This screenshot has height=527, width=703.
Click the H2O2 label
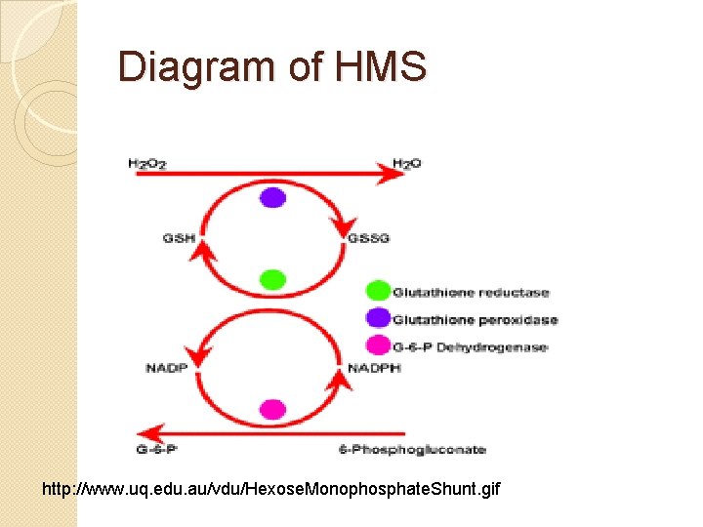click(146, 163)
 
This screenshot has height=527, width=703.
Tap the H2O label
click(406, 162)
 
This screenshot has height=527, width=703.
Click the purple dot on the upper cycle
click(273, 197)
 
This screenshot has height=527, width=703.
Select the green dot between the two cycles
click(273, 280)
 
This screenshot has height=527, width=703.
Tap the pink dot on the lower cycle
click(273, 409)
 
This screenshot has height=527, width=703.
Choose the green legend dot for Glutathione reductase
click(378, 291)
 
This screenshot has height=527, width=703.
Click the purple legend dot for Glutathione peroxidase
click(378, 318)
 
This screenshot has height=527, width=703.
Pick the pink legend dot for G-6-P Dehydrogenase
click(378, 345)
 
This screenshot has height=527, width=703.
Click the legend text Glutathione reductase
click(471, 292)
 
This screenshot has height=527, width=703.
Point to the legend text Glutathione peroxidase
click(475, 319)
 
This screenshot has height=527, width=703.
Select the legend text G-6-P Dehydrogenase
click(470, 346)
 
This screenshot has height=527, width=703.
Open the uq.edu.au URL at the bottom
click(270, 487)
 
